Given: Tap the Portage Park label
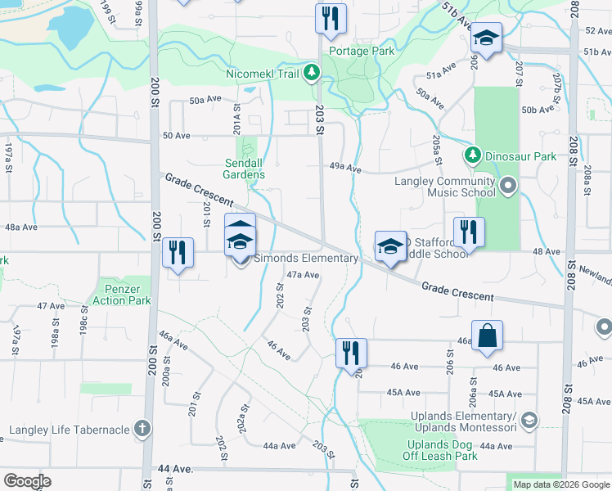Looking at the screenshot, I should click(x=362, y=51).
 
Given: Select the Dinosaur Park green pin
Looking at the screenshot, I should click(x=472, y=155).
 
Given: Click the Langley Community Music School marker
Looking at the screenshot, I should click(x=508, y=186).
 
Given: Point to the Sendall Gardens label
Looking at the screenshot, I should click(x=244, y=169).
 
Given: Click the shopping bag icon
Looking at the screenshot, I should click(x=487, y=335).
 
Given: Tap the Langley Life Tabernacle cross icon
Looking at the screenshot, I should click(x=142, y=429).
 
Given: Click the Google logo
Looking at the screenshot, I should click(x=28, y=481).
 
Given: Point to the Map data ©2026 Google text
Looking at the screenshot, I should click(x=560, y=484).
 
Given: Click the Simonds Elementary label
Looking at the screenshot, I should click(x=305, y=259).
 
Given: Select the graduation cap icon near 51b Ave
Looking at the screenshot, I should click(x=486, y=38).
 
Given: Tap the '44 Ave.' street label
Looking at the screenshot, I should click(x=175, y=468).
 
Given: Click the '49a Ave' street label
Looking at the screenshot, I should click(x=344, y=168).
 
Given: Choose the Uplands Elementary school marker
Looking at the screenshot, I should click(x=529, y=421).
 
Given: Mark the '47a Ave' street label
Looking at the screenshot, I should click(x=302, y=275).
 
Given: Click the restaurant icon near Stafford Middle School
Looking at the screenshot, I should click(x=469, y=232).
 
